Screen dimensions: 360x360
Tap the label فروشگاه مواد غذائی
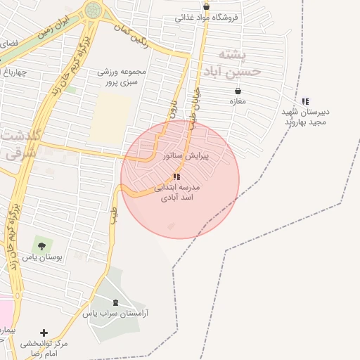coord(207,17)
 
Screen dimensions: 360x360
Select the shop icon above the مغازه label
coord(238,91)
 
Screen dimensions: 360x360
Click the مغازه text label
coord(237,102)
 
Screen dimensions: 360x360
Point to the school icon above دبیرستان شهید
coord(305,101)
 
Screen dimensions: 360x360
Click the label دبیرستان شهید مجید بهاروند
coord(306,117)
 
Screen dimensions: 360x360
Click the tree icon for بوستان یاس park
coord(41,246)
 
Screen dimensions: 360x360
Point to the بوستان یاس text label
coord(42,258)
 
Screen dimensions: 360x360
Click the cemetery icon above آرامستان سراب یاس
coord(115,303)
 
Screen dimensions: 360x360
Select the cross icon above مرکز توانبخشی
coord(44,333)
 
